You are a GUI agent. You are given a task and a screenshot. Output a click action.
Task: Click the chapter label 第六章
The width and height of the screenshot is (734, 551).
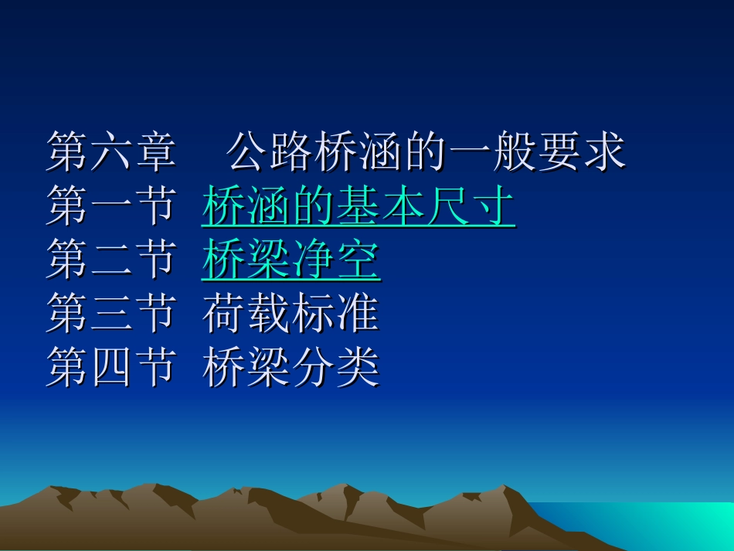click(111, 152)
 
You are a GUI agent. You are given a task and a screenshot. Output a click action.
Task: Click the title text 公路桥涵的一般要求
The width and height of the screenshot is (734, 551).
click(426, 152)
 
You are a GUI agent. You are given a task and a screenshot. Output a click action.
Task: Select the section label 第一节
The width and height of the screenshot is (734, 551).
click(111, 206)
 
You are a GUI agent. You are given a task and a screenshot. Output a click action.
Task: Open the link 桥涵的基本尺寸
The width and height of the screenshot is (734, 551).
click(359, 206)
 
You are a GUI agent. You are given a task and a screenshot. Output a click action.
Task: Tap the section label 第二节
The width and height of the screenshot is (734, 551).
click(111, 260)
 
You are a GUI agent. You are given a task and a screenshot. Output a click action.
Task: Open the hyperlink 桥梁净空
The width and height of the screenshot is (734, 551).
click(291, 260)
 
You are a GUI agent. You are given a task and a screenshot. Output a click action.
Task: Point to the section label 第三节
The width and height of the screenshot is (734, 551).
click(111, 315)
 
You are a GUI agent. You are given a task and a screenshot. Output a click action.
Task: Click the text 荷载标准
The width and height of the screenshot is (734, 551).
click(291, 315)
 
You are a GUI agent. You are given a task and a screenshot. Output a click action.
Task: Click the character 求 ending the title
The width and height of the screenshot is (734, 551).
click(603, 152)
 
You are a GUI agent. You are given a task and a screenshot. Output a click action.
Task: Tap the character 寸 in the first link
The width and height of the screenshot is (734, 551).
click(493, 206)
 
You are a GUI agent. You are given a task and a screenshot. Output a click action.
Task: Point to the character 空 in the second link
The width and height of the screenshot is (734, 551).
click(359, 260)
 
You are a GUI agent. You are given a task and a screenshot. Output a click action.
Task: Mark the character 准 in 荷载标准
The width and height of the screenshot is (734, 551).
click(359, 315)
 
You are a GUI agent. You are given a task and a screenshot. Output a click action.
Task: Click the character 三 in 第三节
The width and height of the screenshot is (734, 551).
click(111, 315)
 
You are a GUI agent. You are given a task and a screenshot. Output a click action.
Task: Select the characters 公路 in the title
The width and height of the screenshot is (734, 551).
click(270, 152)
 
